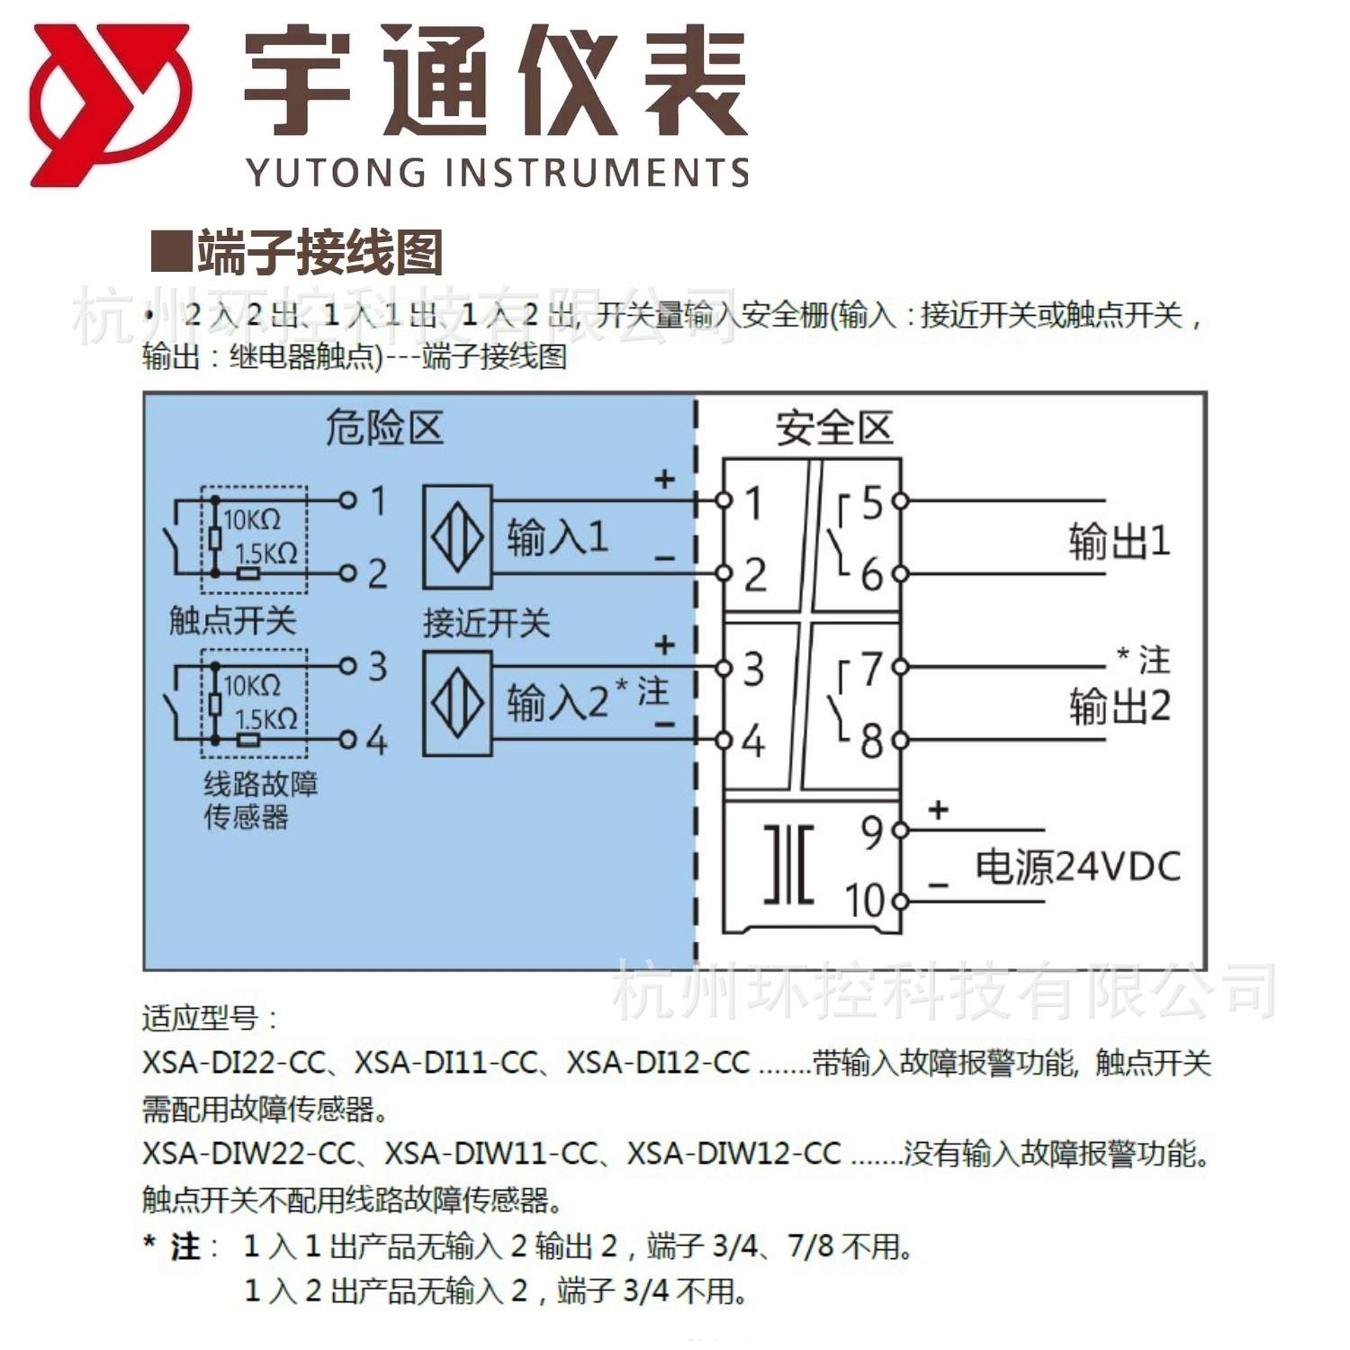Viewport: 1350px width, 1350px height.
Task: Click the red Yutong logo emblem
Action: (x=110, y=104)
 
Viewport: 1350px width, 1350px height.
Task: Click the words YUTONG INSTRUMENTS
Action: (x=497, y=171)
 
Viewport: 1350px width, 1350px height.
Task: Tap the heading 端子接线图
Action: (x=319, y=253)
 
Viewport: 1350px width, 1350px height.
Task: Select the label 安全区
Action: (x=833, y=428)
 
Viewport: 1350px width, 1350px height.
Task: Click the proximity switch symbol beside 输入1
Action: (x=457, y=537)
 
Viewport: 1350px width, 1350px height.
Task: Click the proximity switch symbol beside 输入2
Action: (x=457, y=703)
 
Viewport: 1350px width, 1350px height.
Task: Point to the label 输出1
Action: (x=1119, y=542)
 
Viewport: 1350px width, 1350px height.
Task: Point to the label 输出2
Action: (x=1119, y=706)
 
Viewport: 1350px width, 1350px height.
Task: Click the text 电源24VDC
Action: (x=1077, y=867)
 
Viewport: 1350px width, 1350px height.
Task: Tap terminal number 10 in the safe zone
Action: (x=864, y=900)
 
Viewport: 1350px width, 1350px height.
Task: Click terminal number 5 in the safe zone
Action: (x=872, y=503)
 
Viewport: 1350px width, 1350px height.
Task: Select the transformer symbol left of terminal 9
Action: (x=789, y=864)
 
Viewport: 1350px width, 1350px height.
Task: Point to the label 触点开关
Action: (x=232, y=620)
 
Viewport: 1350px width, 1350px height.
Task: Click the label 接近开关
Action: (x=486, y=623)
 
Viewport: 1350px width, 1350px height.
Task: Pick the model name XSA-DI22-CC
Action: (x=233, y=1063)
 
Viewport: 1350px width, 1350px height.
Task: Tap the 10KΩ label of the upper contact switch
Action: (x=252, y=520)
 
